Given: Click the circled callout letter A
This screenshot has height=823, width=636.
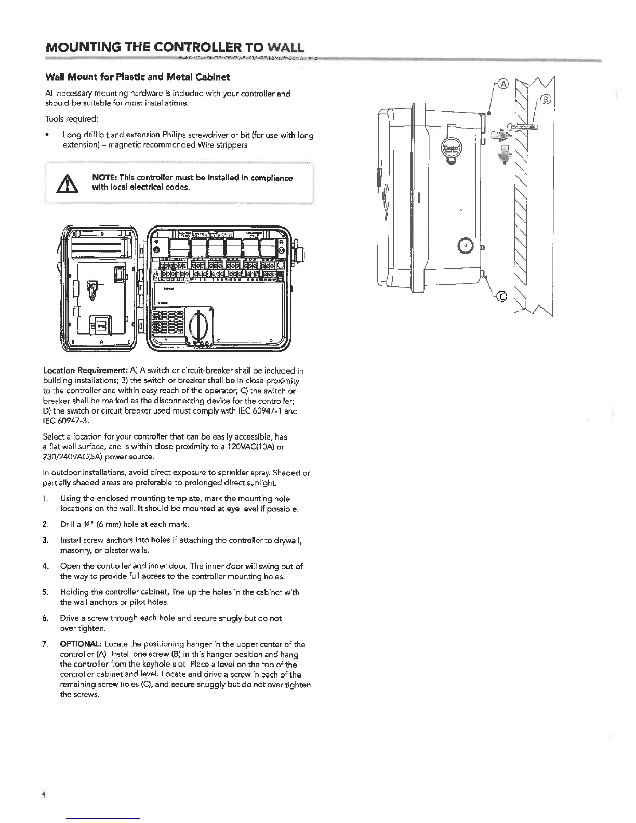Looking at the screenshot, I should point(504,84).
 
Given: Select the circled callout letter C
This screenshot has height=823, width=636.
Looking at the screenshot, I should point(502,297).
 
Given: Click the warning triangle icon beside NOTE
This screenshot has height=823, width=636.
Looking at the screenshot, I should point(70,183).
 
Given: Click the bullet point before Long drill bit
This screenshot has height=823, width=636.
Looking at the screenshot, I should point(47,135).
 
